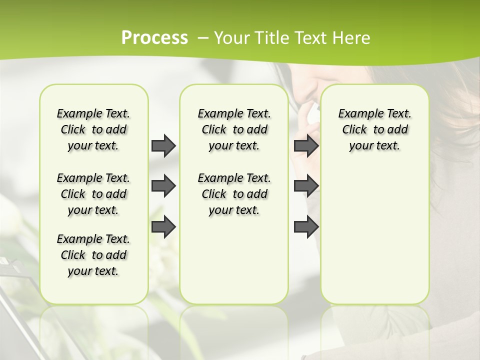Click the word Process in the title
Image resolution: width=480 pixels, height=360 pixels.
tap(154, 38)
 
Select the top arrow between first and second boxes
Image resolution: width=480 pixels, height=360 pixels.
tap(163, 145)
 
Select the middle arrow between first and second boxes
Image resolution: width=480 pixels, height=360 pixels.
tap(163, 186)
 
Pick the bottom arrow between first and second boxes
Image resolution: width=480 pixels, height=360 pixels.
tap(163, 227)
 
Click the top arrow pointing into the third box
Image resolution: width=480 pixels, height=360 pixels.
tap(306, 145)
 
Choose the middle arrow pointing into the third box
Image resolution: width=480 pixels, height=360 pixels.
tap(306, 186)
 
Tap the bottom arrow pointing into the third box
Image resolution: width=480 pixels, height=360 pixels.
tap(306, 227)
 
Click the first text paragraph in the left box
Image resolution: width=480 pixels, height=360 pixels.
tap(93, 129)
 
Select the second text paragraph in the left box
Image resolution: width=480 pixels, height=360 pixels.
tap(93, 194)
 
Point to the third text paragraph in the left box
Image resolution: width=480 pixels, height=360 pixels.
tap(93, 255)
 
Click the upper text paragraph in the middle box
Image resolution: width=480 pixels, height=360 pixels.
tap(234, 129)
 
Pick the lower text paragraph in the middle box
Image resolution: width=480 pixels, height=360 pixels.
tap(234, 194)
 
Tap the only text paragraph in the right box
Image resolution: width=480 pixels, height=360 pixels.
tap(374, 129)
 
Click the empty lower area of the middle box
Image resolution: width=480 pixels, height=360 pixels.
tap(234, 260)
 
